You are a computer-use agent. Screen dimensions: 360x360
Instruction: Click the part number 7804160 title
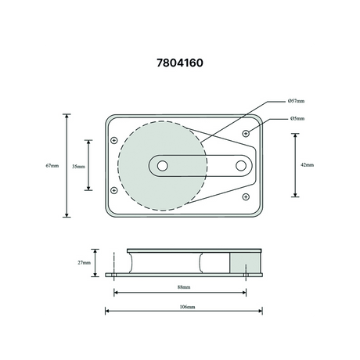click(x=180, y=63)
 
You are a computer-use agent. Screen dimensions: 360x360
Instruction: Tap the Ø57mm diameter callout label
click(x=296, y=101)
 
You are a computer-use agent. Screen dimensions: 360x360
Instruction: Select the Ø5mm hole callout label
click(x=297, y=118)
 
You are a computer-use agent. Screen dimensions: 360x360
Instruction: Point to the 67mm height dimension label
click(x=52, y=166)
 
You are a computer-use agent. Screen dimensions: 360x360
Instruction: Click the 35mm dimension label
click(x=78, y=167)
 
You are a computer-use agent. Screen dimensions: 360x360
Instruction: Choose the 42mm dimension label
click(x=308, y=165)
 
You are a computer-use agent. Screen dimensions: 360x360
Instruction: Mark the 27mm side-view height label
click(x=84, y=263)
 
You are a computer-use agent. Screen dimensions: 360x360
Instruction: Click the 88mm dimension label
click(x=184, y=287)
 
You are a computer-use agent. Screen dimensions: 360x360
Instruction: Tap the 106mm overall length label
click(x=187, y=307)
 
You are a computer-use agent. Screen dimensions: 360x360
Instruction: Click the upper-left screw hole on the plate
click(x=114, y=140)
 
